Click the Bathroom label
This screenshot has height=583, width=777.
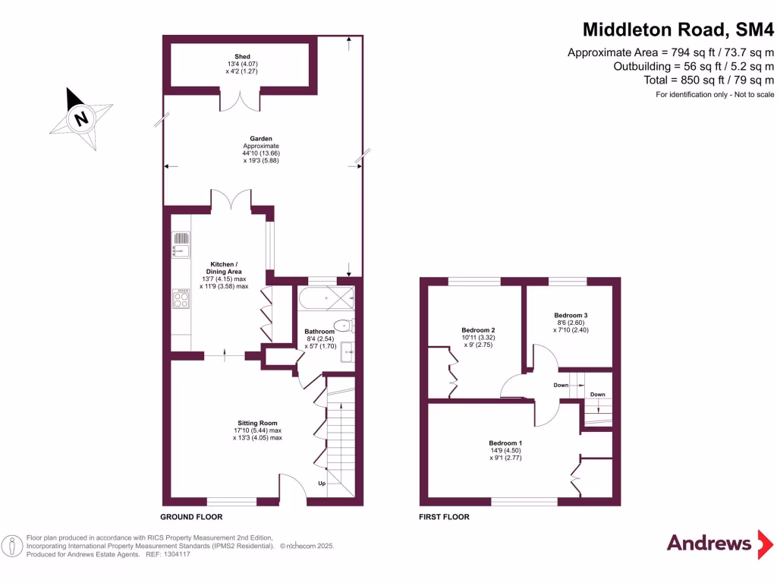(x=319, y=339)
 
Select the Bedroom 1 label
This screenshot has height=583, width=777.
(x=505, y=450)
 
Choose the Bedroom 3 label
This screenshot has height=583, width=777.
(x=571, y=323)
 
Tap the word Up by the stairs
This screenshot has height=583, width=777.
(x=322, y=483)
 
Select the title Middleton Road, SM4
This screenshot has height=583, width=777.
(x=678, y=30)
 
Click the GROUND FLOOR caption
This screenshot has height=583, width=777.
(x=191, y=517)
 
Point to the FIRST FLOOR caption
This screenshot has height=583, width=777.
(x=444, y=517)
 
